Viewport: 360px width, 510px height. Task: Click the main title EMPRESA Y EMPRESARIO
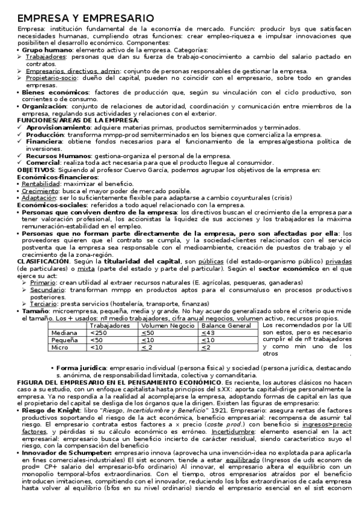(85, 19)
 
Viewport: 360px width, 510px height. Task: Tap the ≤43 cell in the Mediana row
(208, 333)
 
